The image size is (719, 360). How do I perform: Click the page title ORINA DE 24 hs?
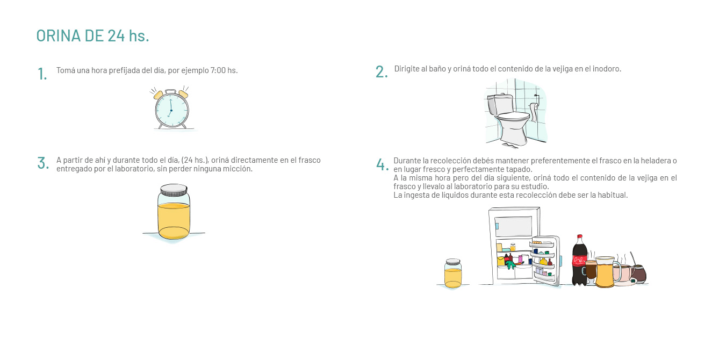(x=93, y=35)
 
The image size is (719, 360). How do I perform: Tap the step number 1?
(x=42, y=74)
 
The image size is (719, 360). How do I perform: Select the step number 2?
(x=382, y=71)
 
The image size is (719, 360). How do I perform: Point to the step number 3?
(x=43, y=163)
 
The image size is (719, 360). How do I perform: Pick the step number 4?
(x=382, y=164)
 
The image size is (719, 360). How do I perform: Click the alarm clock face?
(x=172, y=110)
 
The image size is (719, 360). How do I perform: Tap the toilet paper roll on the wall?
(x=534, y=111)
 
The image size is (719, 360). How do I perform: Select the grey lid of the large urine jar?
(x=174, y=190)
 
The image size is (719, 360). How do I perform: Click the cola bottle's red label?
(x=580, y=260)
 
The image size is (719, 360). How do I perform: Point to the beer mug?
(x=606, y=272)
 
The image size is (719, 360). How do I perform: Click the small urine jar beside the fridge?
(x=453, y=273)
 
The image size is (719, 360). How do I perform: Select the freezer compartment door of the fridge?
(x=513, y=226)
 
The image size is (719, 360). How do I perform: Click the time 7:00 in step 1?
(x=218, y=70)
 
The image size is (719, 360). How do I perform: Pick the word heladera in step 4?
(x=654, y=161)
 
